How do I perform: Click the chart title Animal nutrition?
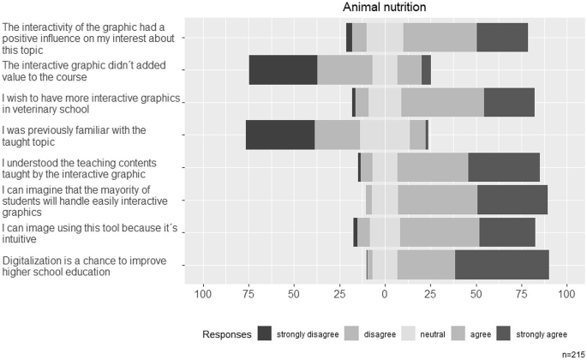[x=384, y=8]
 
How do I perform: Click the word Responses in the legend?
[x=227, y=333]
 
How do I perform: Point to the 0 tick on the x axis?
[x=385, y=295]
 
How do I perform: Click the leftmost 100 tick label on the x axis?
[x=203, y=295]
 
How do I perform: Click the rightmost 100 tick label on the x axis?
[x=566, y=295]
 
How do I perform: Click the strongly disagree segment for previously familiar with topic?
[x=280, y=135]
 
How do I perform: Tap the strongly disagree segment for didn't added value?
[x=283, y=69]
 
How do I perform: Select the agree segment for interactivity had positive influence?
[x=440, y=38]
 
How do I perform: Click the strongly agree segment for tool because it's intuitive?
[x=506, y=231]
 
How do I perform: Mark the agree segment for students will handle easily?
[x=437, y=199]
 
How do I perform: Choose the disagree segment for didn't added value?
[x=344, y=69]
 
